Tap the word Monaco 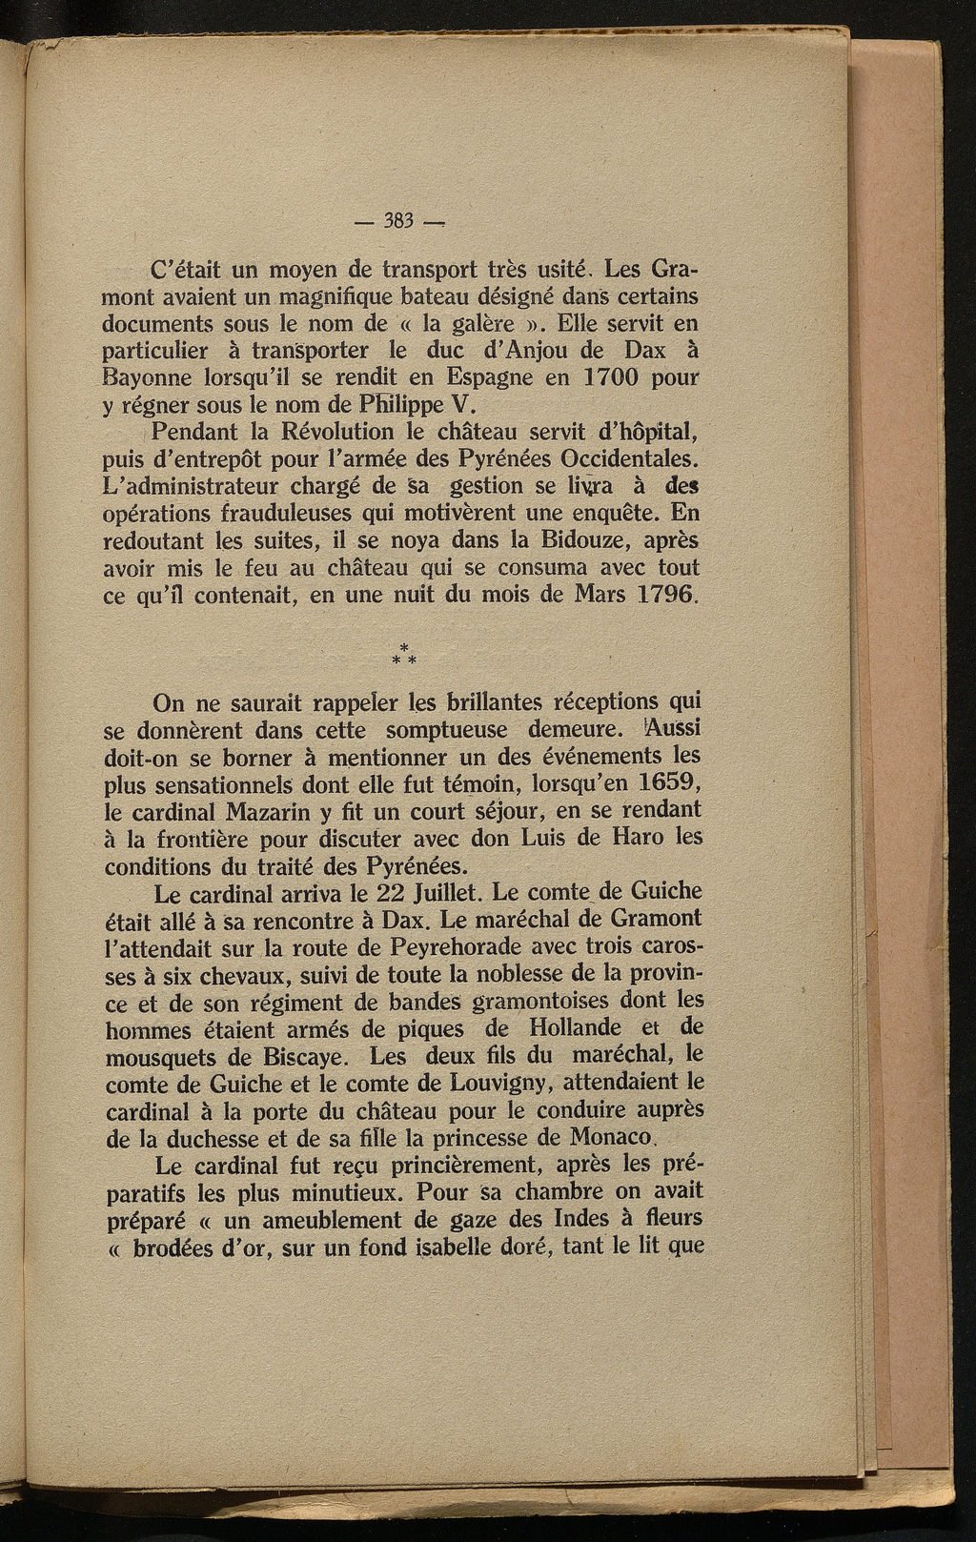609,1137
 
